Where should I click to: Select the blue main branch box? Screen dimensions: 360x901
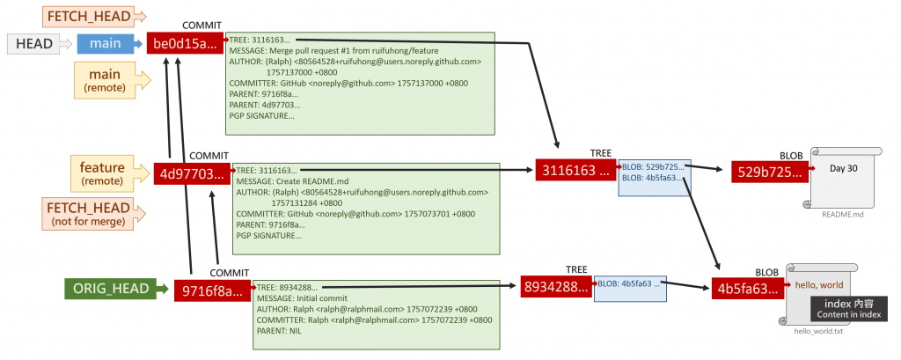point(104,43)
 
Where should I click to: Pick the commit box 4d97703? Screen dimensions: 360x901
point(190,173)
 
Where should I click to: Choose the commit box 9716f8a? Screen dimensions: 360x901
point(210,288)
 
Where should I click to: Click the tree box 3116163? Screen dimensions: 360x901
point(575,170)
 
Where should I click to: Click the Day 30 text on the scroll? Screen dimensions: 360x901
point(843,168)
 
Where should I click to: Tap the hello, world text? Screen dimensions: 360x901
point(818,285)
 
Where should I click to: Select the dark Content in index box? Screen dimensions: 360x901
point(848,308)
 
